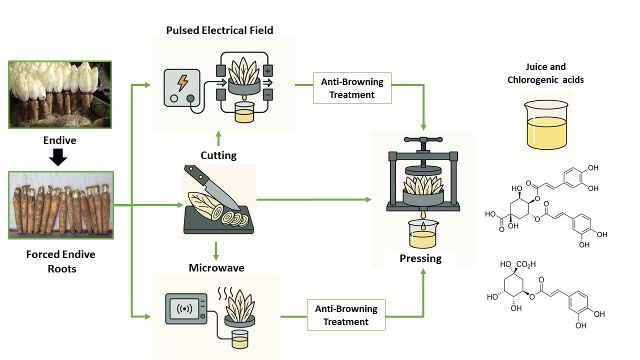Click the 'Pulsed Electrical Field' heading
(x=219, y=30)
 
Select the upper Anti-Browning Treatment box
(x=352, y=88)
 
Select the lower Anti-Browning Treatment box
(x=346, y=315)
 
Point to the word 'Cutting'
(x=218, y=155)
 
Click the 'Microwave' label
(x=216, y=268)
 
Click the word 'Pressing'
(x=420, y=258)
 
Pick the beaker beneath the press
(x=422, y=234)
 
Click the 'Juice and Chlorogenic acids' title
(x=545, y=73)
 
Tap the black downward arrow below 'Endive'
(x=59, y=158)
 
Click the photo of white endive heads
(x=59, y=95)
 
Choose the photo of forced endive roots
(x=61, y=205)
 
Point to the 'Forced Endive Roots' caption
(x=60, y=261)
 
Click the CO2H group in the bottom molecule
(x=526, y=264)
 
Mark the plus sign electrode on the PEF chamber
(x=268, y=70)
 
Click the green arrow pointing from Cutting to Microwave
(x=216, y=251)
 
